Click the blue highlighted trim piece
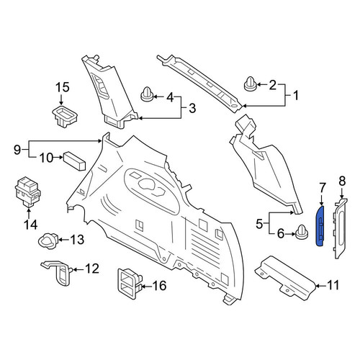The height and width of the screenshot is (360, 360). pos(320,225)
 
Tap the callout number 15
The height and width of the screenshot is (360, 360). pos(63,87)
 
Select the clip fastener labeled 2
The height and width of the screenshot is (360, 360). pos(251,84)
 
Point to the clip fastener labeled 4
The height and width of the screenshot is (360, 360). pos(147,95)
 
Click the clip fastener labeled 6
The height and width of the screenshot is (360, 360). pos(302,232)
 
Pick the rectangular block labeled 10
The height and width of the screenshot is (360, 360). pos(74,161)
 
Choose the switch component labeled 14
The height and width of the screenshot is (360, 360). pos(28,192)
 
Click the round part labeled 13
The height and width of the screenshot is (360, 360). pos(48,240)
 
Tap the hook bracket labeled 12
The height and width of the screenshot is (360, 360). pos(58,272)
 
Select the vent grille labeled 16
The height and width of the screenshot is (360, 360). pos(130,284)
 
